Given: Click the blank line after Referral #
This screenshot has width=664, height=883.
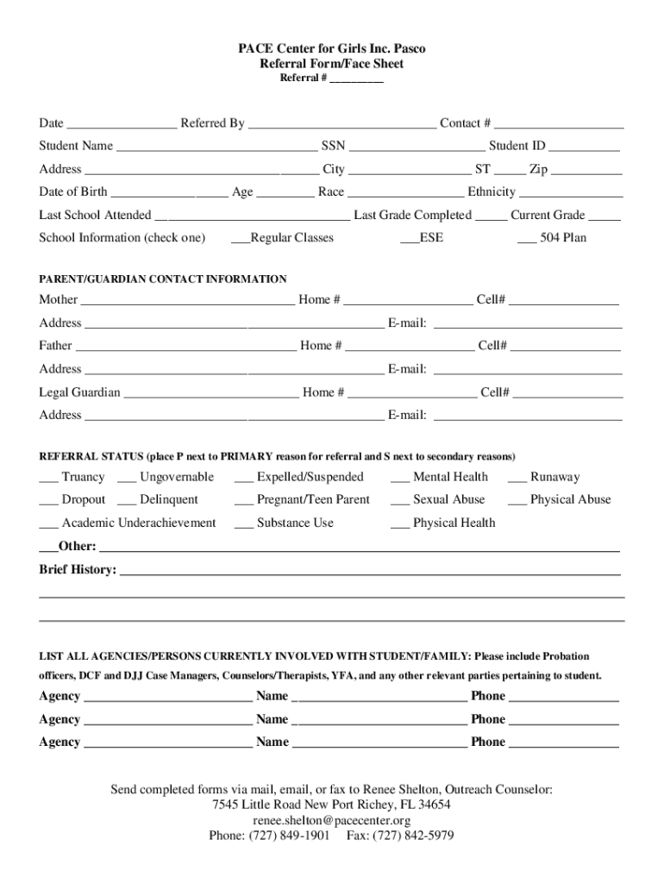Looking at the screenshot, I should tap(356, 79).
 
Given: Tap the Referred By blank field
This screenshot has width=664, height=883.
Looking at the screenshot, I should tap(341, 124).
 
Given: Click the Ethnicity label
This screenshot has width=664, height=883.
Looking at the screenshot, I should tap(492, 191).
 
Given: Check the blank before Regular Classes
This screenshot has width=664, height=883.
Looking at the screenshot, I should tap(240, 239).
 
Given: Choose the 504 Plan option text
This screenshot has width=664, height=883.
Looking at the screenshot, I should tap(563, 237).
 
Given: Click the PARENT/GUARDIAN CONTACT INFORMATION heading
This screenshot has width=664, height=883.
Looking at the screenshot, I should tap(163, 279).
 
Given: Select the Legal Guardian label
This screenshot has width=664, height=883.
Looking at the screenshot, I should tap(79, 392).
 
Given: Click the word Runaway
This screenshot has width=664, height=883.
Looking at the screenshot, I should tap(554, 477).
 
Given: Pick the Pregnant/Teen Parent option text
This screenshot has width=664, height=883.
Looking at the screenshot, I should tap(313, 499).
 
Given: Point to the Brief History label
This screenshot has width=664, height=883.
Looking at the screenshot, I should tap(78, 570).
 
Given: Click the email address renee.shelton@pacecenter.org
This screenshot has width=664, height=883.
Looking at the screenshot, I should tap(331, 820).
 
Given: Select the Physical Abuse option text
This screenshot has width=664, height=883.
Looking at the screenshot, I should tap(570, 499).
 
